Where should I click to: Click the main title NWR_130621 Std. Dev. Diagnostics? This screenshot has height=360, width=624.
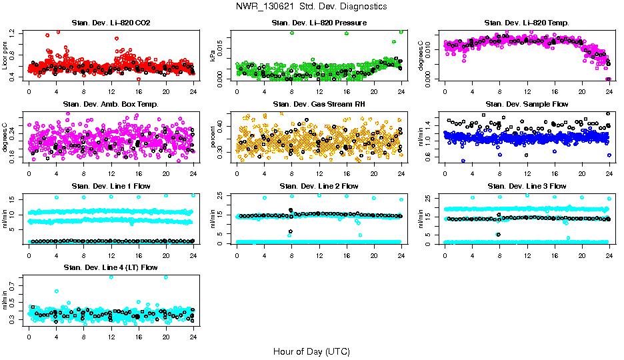coord(311,6)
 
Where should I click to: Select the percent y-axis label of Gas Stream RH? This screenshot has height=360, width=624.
coord(213,137)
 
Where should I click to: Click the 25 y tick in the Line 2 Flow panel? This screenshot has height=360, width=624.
coord(221,195)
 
